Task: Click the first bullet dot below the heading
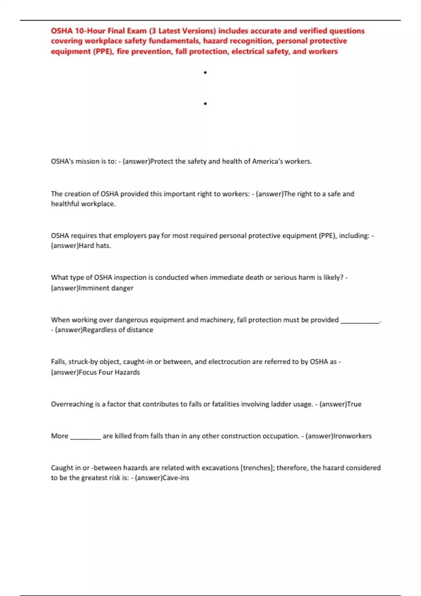point(205,73)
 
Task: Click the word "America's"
point(267,161)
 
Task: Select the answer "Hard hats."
point(95,246)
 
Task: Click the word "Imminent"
point(94,288)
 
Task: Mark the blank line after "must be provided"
point(360,320)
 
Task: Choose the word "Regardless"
point(99,330)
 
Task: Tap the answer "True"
point(354,404)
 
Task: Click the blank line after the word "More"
point(86,437)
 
